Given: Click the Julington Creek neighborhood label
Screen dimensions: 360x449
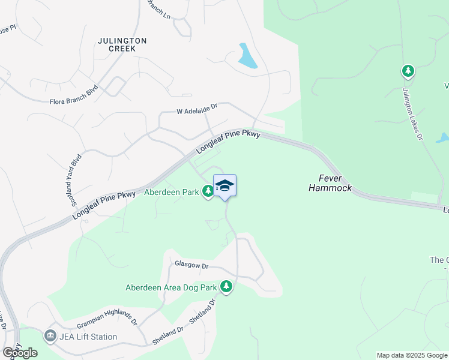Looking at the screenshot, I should (122, 44).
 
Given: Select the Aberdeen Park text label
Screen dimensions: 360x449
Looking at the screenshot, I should (171, 193).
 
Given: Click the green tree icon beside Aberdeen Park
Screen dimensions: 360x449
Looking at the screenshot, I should (208, 191).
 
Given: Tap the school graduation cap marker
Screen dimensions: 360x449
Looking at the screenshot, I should (224, 185).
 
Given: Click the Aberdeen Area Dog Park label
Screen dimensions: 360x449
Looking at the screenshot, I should (170, 287).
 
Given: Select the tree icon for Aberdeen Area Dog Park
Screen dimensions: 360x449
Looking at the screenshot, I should (226, 287).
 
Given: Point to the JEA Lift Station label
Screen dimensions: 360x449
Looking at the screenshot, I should (88, 337).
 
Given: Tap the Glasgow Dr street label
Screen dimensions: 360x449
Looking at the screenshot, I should (191, 265).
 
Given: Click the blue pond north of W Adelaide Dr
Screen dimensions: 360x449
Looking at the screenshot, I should (247, 56).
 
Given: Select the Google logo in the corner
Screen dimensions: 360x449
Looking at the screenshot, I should (20, 353).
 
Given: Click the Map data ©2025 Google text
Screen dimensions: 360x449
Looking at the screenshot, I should (411, 355).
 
